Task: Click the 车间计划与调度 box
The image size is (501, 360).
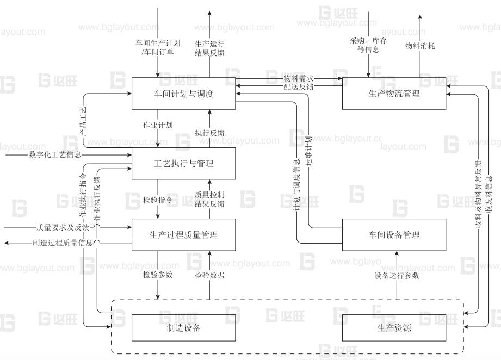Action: (x=184, y=94)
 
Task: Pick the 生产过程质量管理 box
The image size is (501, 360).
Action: (x=184, y=235)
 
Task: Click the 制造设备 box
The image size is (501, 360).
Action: (x=184, y=328)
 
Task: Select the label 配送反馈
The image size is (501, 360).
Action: (x=298, y=87)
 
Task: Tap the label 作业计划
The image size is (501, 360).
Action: (x=158, y=125)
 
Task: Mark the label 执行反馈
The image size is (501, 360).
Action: (x=209, y=133)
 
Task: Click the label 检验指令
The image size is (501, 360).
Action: (x=158, y=200)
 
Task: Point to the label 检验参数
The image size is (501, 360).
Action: (x=158, y=275)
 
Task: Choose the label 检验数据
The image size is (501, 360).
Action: (x=209, y=275)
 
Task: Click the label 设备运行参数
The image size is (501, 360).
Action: (x=397, y=275)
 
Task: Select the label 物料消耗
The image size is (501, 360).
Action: (x=420, y=46)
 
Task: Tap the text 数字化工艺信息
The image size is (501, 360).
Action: (x=55, y=154)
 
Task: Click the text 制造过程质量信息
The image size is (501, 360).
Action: (x=63, y=243)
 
